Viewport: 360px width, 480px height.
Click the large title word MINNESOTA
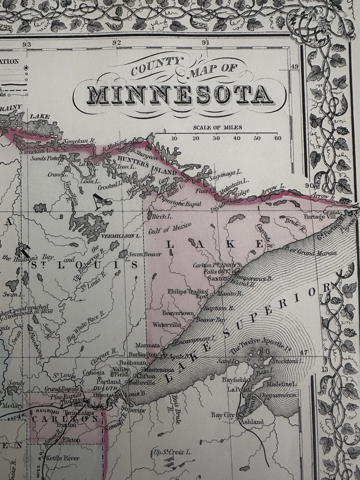tap(180, 95)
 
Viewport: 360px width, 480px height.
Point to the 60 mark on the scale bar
tap(278, 138)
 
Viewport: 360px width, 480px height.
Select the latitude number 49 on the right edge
tap(294, 67)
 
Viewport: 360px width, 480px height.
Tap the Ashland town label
tap(252, 421)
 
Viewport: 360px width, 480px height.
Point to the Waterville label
tap(166, 324)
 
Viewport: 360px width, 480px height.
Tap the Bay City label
tap(222, 415)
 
